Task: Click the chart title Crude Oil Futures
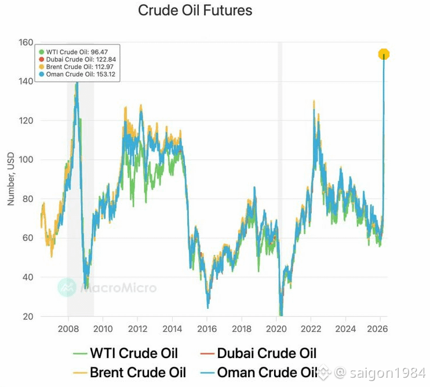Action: click(x=195, y=10)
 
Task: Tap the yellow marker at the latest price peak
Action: click(x=384, y=54)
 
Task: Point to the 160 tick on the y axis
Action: click(x=25, y=42)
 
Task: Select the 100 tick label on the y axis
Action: click(x=25, y=159)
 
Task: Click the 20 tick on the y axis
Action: click(x=28, y=316)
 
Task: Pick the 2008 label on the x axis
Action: click(x=68, y=328)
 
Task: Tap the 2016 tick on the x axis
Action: click(x=207, y=328)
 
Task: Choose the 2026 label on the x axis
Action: click(x=377, y=328)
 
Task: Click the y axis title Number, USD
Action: click(x=10, y=178)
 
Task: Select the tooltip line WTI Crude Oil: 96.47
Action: click(x=74, y=52)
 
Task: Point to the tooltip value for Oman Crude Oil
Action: click(x=106, y=74)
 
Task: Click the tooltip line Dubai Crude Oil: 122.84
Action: click(x=77, y=59)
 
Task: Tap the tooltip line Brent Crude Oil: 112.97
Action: click(x=76, y=67)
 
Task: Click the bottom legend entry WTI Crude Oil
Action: click(x=126, y=353)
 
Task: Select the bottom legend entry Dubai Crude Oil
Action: click(x=258, y=353)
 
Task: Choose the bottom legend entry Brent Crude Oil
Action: click(x=129, y=373)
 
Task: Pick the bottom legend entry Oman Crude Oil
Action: click(x=258, y=373)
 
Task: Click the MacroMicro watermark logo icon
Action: click(x=67, y=287)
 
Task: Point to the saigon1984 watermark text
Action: click(x=388, y=373)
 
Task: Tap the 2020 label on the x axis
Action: click(x=276, y=328)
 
